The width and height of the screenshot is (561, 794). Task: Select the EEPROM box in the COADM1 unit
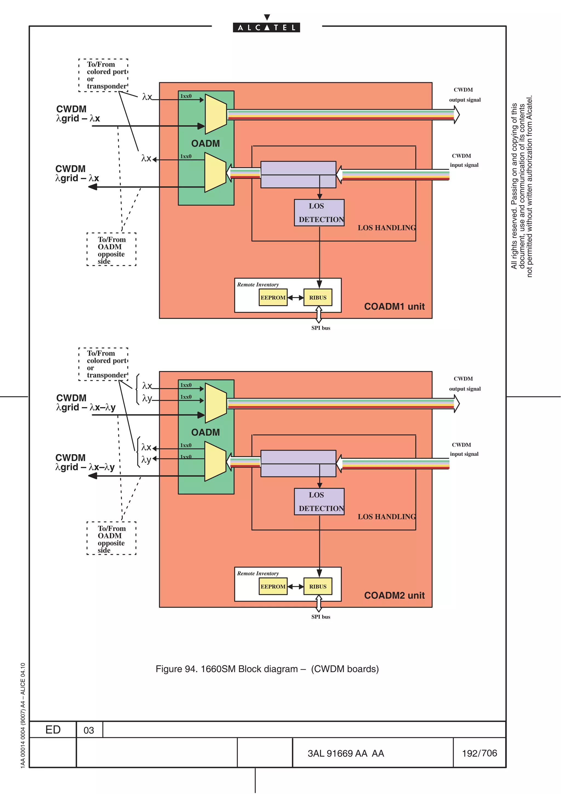pyautogui.click(x=273, y=297)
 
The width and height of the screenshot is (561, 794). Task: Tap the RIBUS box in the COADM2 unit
pyautogui.click(x=318, y=587)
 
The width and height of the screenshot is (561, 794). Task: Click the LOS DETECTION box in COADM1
pyautogui.click(x=319, y=213)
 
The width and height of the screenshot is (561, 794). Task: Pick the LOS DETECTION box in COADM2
pyautogui.click(x=319, y=501)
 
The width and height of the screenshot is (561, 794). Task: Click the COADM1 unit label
pyautogui.click(x=394, y=306)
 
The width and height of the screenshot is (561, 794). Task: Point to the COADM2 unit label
pyautogui.click(x=394, y=595)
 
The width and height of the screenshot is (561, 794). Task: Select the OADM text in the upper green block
pyautogui.click(x=205, y=144)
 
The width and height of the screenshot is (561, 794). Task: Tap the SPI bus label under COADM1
pyautogui.click(x=320, y=328)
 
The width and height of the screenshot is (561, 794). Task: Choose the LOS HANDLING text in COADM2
pyautogui.click(x=387, y=517)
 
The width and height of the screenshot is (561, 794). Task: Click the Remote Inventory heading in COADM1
pyautogui.click(x=257, y=285)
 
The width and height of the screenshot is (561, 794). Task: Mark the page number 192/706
pyautogui.click(x=479, y=753)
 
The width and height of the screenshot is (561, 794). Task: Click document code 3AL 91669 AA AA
pyautogui.click(x=346, y=753)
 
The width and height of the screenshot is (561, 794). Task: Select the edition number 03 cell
pyautogui.click(x=89, y=730)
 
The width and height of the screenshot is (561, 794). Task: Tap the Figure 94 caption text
pyautogui.click(x=267, y=669)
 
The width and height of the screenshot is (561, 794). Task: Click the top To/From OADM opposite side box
pyautogui.click(x=111, y=250)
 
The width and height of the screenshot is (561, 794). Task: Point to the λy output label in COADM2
pyautogui.click(x=146, y=459)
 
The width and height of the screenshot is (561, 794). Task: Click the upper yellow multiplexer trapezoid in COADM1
pyautogui.click(x=215, y=114)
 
